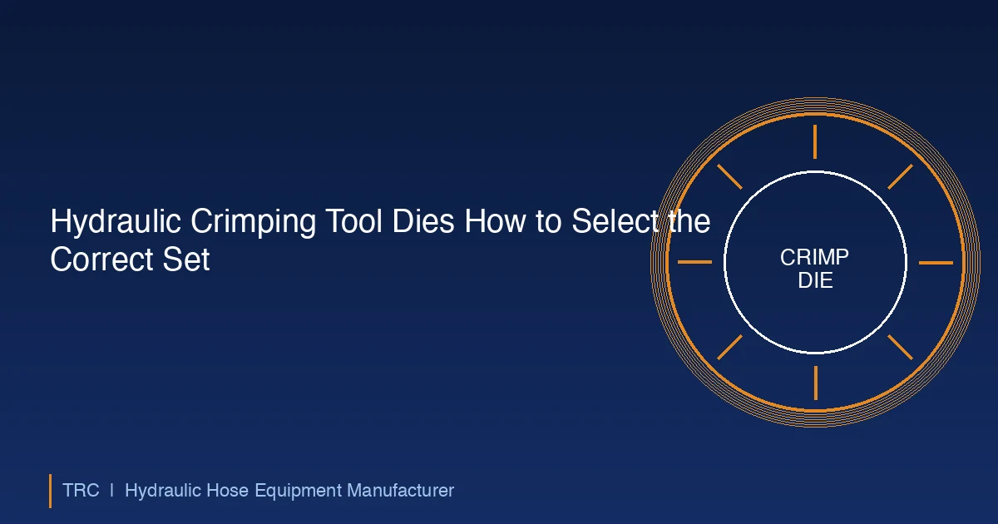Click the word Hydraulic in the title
116,221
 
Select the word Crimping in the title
253,221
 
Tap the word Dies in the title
423,220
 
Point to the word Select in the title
615,220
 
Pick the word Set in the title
186,260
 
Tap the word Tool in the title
353,220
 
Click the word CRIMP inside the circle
814,258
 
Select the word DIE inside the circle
815,280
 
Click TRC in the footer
81,491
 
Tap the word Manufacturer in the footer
401,491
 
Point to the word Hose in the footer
227,491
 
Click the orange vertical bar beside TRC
51,491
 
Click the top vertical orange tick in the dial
815,141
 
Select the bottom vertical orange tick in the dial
816,383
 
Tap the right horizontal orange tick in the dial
936,263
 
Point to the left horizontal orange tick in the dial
694,262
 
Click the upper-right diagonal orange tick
901,177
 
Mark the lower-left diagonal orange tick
730,347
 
